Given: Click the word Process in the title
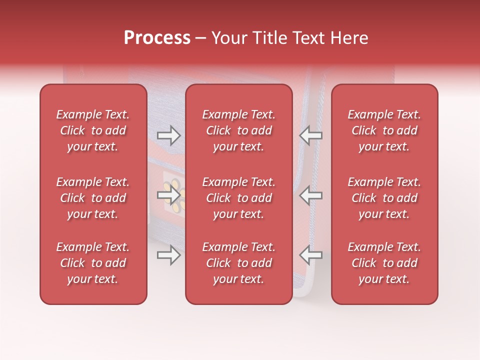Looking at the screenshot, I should pyautogui.click(x=157, y=38).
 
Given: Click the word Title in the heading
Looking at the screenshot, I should pyautogui.click(x=269, y=38).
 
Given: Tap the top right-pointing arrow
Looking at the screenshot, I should pyautogui.click(x=168, y=135).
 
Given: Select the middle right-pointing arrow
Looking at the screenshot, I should pyautogui.click(x=168, y=195).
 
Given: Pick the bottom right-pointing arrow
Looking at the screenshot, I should pyautogui.click(x=168, y=255).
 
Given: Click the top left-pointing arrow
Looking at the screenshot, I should pyautogui.click(x=310, y=135).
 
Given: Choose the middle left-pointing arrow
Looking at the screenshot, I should pyautogui.click(x=310, y=195).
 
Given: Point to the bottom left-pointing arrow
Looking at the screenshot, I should pyautogui.click(x=310, y=255).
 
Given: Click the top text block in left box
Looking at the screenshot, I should pyautogui.click(x=93, y=130).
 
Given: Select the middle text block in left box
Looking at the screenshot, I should pyautogui.click(x=93, y=198).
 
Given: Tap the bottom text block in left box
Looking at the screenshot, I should pyautogui.click(x=93, y=263).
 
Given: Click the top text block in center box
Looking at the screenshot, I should pyautogui.click(x=238, y=130).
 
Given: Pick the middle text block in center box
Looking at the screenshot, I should pyautogui.click(x=238, y=198).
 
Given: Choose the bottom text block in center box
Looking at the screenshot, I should pyautogui.click(x=238, y=263).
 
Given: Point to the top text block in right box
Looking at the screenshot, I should pyautogui.click(x=384, y=130).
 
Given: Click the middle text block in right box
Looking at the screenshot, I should pyautogui.click(x=384, y=198).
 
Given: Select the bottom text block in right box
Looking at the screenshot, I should pyautogui.click(x=384, y=263).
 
